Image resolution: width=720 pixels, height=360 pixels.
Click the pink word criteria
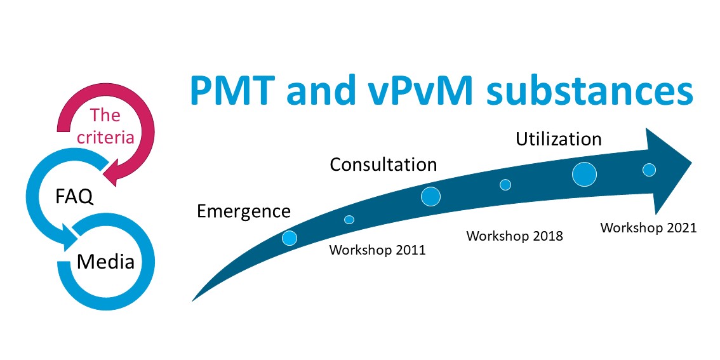[105, 137]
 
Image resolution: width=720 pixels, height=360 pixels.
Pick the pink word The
[105, 115]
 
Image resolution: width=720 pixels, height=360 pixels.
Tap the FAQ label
[74, 197]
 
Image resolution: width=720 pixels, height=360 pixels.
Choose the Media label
[105, 262]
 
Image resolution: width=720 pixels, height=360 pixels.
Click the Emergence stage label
[243, 211]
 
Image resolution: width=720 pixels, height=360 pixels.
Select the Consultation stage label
[383, 164]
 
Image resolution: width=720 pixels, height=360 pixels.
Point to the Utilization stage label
[558, 138]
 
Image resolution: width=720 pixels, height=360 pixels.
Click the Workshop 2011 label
[377, 250]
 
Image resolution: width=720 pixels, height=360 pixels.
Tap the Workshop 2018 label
[515, 236]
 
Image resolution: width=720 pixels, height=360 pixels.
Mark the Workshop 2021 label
[648, 228]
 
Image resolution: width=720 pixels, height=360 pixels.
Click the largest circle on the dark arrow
[584, 175]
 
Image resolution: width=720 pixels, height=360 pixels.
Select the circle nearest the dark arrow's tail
[290, 238]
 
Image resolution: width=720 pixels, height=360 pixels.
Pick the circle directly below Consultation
[430, 197]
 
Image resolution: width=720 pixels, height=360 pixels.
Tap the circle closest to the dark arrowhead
[649, 170]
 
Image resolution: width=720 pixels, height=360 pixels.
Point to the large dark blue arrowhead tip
[691, 162]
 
